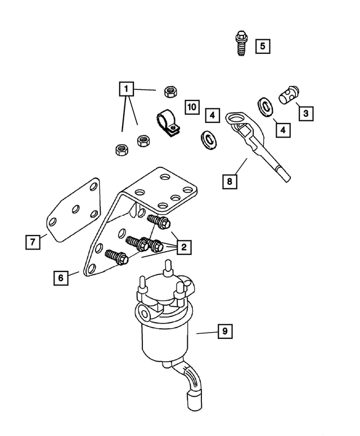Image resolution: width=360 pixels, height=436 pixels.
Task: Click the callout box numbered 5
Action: click(262, 46)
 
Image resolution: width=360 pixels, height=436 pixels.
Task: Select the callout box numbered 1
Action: click(126, 89)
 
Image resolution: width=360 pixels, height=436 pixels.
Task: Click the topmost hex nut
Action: click(168, 90)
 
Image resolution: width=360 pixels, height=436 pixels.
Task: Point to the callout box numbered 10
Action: click(192, 106)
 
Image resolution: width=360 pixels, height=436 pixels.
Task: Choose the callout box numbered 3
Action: click(305, 113)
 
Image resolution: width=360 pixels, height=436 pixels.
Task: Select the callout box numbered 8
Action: click(229, 181)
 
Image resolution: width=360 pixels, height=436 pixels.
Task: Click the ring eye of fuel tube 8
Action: click(236, 119)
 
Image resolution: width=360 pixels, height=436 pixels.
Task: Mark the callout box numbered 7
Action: click(33, 242)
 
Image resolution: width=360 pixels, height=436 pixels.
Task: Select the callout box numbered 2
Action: click(183, 246)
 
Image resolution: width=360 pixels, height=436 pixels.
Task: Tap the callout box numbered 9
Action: click(224, 331)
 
